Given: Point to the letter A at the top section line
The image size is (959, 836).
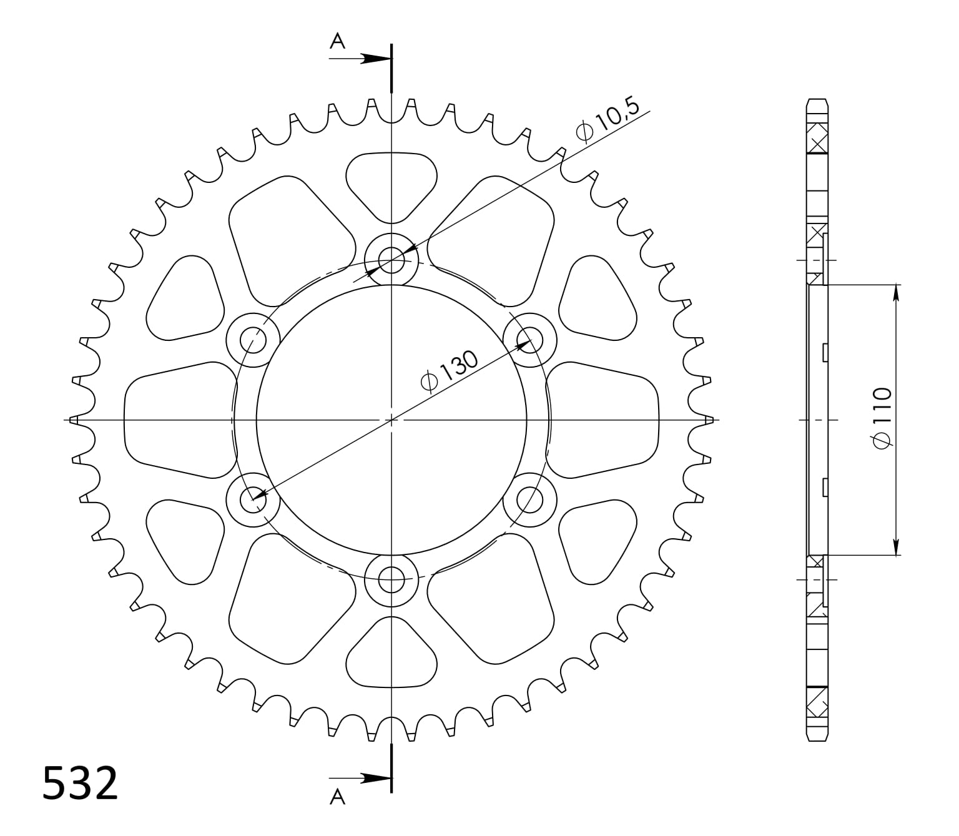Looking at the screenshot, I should [337, 41].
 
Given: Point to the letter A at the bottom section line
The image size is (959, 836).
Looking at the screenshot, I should [337, 797].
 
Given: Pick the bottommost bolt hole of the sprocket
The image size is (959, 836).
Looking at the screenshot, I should [391, 579].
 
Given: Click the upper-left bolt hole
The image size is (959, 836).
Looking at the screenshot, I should [253, 340].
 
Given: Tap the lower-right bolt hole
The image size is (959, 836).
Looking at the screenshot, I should [530, 499].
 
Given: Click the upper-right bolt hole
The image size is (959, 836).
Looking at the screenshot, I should [530, 340].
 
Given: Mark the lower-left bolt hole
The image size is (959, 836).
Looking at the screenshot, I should [253, 499].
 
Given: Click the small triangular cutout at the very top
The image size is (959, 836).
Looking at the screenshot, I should [391, 181].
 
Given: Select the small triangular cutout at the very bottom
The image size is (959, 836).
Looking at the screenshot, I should [391, 656].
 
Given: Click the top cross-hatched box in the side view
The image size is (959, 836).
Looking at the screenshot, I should [817, 138].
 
